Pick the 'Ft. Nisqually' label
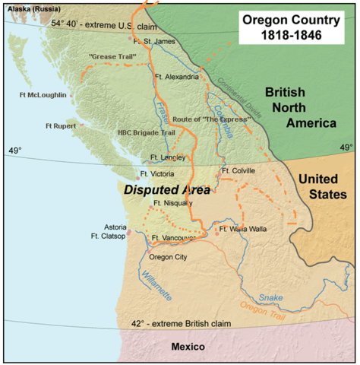click(173, 203)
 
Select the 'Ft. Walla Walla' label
click(246, 228)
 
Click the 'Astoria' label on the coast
click(117, 227)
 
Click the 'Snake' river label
click(270, 297)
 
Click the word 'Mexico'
click(188, 347)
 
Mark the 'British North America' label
click(300, 107)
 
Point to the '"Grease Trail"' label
click(108, 57)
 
